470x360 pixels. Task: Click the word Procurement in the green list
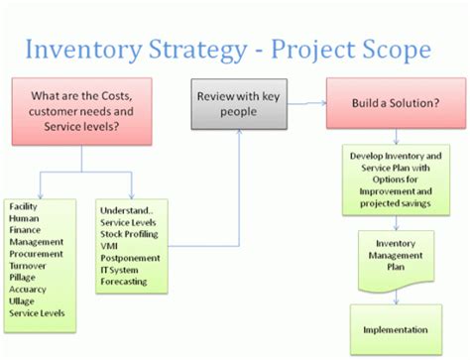(x=36, y=254)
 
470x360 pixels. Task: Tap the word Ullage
(x=23, y=301)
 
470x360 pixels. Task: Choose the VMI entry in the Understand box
(x=110, y=246)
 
